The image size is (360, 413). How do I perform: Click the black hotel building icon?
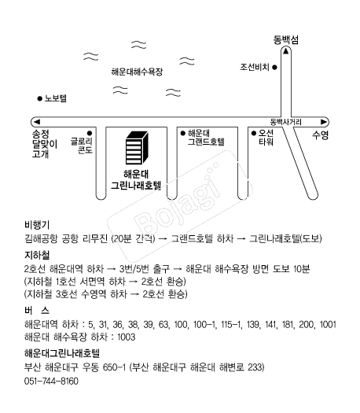coord(137,148)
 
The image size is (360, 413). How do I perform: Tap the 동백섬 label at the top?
coord(286,40)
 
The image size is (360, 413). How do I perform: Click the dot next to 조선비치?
coord(274,68)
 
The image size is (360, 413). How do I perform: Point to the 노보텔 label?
coord(56,98)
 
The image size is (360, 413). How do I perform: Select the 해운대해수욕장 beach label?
coord(137,72)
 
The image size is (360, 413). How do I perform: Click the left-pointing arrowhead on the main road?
coord(37,122)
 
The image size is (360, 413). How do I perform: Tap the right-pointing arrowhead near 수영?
coord(323,122)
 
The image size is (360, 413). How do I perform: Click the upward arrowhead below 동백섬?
coord(286,51)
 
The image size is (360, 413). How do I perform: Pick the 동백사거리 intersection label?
coord(286,122)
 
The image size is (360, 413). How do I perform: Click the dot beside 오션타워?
coord(254,133)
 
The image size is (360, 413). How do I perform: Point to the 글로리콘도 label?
coord(82,146)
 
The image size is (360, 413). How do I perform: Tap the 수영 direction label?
coord(320,135)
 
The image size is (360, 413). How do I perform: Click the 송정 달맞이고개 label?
coord(45,144)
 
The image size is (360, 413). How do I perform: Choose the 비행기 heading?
coord(37,225)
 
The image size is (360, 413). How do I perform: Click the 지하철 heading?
coord(37,255)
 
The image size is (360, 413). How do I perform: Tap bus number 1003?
coord(126,337)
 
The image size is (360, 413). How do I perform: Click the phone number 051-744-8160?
coord(51,381)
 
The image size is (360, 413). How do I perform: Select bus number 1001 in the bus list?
coord(328,324)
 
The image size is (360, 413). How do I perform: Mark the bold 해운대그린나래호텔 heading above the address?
coord(62,353)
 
